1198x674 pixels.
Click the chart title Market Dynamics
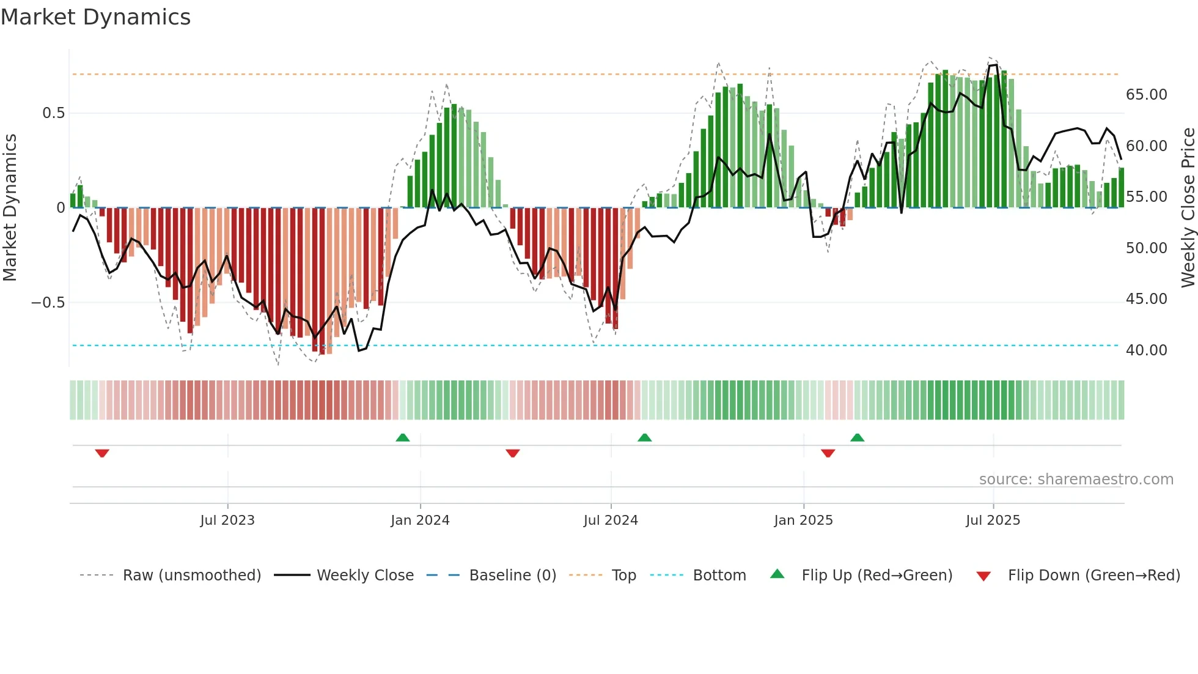(95, 17)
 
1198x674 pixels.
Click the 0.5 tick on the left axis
(53, 113)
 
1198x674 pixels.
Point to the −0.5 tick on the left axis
(48, 303)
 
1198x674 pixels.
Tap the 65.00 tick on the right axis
(1146, 95)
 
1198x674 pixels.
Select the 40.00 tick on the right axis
(1146, 350)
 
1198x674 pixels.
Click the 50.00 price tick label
(1146, 248)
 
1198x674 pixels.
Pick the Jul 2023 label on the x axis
(227, 520)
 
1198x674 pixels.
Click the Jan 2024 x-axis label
(420, 520)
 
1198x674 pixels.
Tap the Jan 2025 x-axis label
(803, 520)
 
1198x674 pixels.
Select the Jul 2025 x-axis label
(993, 520)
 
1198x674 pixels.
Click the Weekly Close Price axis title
(1188, 208)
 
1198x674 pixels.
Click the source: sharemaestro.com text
(1076, 480)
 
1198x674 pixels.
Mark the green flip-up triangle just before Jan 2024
(403, 437)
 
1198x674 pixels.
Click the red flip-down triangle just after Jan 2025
(828, 453)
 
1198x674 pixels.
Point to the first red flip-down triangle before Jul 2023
(102, 453)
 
